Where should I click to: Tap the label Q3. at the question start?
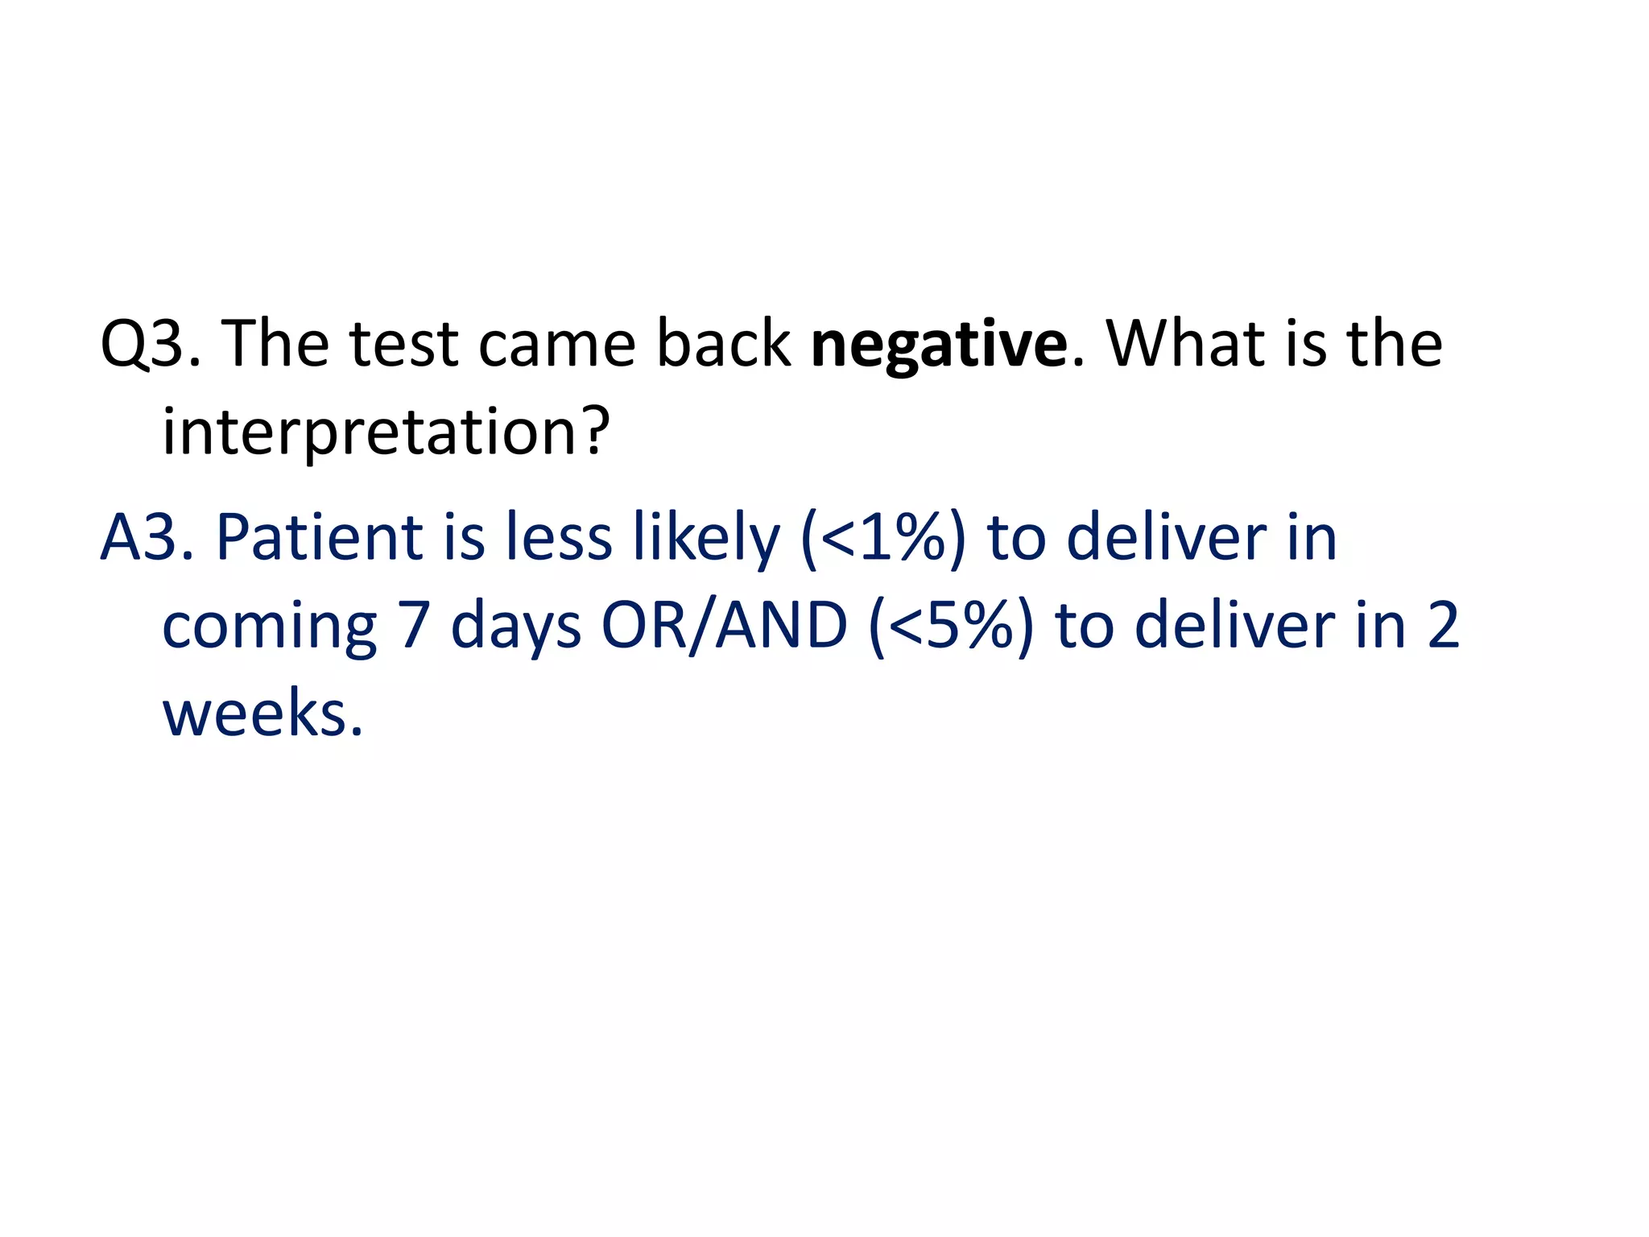point(150,345)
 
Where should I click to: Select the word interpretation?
point(386,433)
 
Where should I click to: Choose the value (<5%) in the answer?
point(951,627)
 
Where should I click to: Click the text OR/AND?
point(725,627)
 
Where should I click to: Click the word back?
point(723,345)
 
